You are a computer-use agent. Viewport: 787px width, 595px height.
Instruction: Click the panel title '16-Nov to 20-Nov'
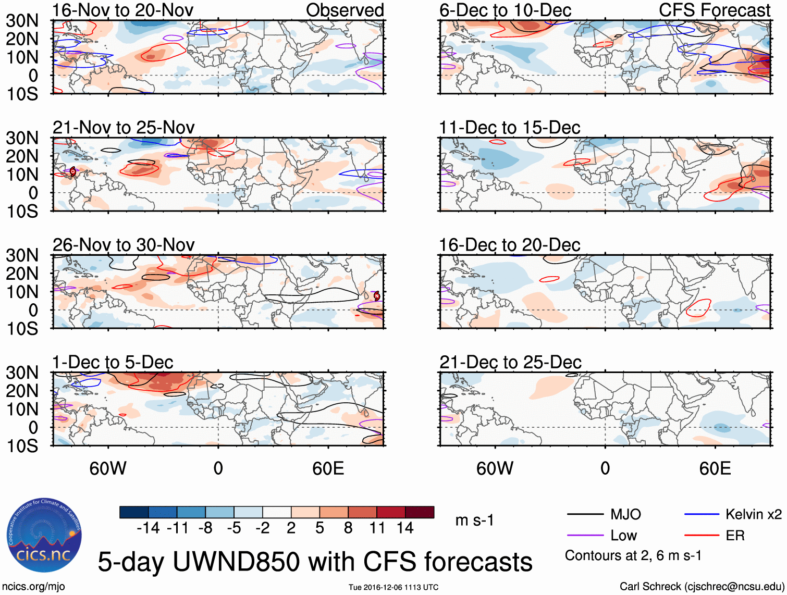click(x=122, y=10)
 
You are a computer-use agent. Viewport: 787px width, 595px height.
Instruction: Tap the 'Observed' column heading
click(x=345, y=10)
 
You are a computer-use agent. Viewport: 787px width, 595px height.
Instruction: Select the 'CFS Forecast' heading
click(x=714, y=10)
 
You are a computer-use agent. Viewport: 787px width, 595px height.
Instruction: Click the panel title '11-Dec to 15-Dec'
click(x=509, y=127)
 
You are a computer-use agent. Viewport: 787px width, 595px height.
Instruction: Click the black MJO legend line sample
click(x=585, y=515)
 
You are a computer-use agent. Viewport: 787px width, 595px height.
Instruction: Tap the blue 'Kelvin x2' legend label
click(x=753, y=515)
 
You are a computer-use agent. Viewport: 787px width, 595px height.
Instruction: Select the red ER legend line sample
click(x=702, y=535)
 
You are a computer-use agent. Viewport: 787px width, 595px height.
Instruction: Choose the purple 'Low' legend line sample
click(x=585, y=535)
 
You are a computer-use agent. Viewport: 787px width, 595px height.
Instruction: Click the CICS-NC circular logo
click(x=44, y=536)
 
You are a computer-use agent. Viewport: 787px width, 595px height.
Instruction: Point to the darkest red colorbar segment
click(x=420, y=512)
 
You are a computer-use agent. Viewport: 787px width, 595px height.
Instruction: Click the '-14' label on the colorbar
click(x=148, y=528)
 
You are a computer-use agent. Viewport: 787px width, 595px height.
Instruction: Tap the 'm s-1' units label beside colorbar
click(x=474, y=520)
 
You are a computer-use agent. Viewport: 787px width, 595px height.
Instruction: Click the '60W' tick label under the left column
click(x=108, y=468)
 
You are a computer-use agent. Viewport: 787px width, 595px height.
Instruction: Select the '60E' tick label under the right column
click(x=715, y=468)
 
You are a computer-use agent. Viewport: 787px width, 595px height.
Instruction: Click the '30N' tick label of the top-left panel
click(x=22, y=21)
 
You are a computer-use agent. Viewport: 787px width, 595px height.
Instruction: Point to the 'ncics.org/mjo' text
click(x=33, y=587)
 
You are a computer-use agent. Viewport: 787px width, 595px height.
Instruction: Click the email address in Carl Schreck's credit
click(x=734, y=587)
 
